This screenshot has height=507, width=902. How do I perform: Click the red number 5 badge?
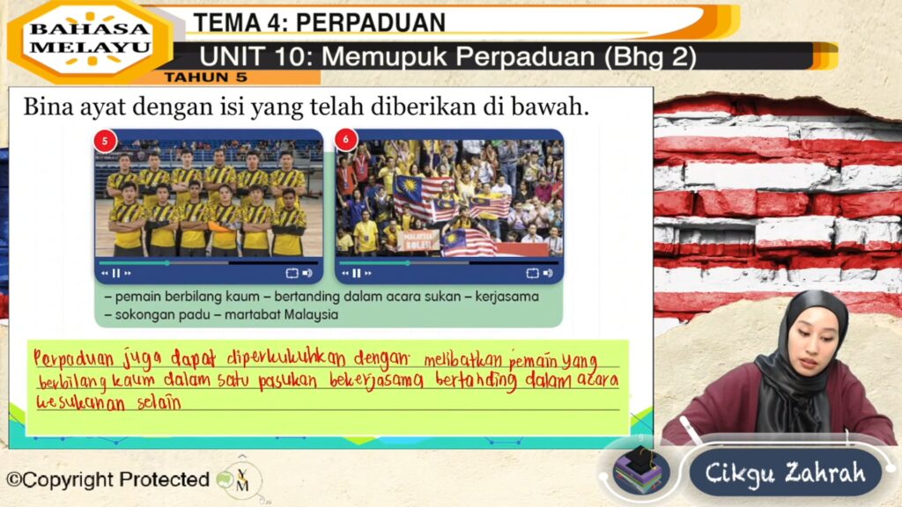coord(106,141)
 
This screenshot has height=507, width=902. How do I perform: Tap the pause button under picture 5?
coord(116,274)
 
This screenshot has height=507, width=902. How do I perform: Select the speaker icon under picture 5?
coord(307,274)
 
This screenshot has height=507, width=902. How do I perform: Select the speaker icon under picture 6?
coord(548,274)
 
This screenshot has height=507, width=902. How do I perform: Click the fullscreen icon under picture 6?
coord(532,274)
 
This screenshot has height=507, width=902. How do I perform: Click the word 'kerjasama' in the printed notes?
coord(506,297)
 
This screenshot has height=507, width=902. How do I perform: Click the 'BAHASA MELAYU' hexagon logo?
coord(90,39)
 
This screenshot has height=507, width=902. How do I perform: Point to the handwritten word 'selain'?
coord(159,403)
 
